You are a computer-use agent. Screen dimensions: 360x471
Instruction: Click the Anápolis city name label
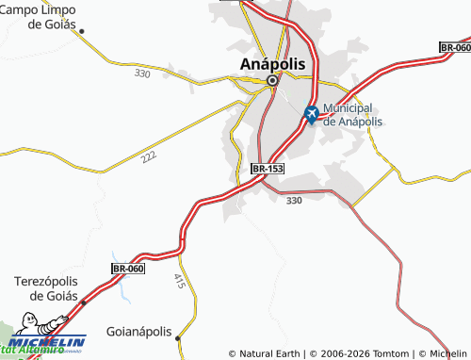(272, 62)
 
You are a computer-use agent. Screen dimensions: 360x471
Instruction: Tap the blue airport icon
(312, 115)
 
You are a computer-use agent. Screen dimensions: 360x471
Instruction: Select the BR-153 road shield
(268, 168)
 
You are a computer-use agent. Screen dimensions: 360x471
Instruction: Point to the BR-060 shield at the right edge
(455, 46)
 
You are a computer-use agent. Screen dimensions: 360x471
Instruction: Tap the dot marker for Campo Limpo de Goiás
(82, 31)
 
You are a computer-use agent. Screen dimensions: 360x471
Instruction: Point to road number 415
(179, 280)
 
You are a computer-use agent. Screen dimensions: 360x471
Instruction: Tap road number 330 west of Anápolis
(142, 73)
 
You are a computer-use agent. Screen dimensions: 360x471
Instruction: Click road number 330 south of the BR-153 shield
(294, 200)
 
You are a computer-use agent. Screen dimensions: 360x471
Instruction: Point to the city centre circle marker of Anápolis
(272, 81)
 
